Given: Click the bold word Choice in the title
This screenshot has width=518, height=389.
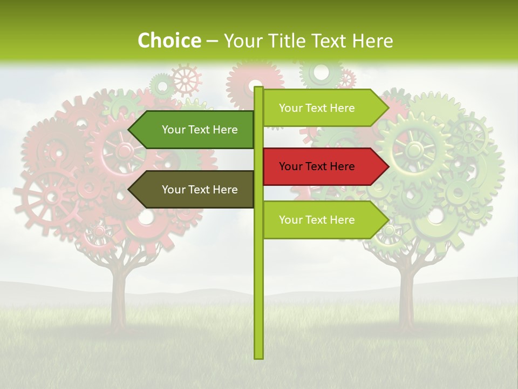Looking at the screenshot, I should point(169,41).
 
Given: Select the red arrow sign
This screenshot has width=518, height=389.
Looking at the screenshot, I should point(324,166).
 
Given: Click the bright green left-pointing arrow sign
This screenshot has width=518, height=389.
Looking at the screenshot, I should point(194,130).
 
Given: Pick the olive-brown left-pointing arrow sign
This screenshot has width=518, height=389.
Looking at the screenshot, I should point(194,190).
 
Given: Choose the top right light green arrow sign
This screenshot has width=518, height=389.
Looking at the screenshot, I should point(324,108).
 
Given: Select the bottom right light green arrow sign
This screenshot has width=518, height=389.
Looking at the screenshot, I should point(324,220).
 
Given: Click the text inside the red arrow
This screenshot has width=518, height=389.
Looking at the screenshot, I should point(317,166).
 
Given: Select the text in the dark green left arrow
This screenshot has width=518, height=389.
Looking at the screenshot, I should point(200,130).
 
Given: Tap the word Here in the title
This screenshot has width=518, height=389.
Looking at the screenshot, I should point(372,41).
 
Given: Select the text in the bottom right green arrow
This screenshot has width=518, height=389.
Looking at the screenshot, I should point(317,220).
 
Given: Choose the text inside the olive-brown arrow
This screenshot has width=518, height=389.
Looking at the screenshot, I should point(200,190).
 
